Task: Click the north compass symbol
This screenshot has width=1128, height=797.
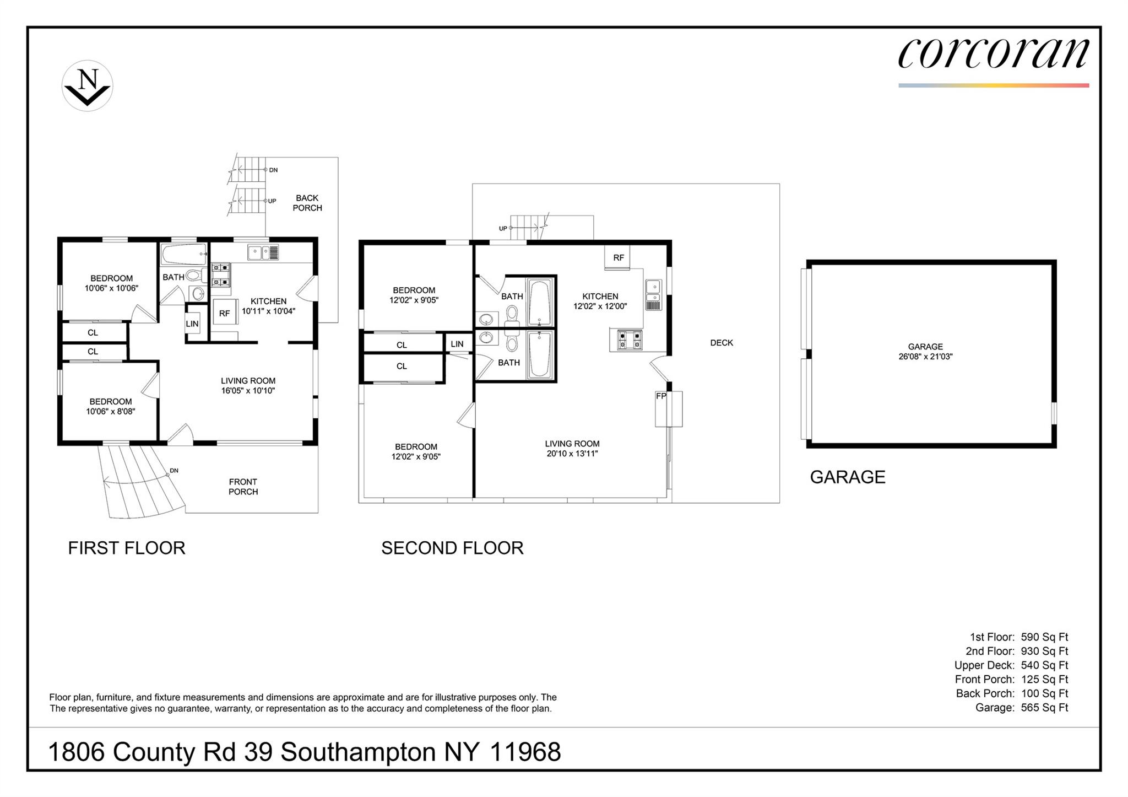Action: (87, 86)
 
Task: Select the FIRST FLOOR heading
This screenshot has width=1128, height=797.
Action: (127, 548)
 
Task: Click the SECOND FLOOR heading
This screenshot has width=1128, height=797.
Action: (452, 548)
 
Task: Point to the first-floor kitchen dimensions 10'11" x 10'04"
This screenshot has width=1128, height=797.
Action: (269, 311)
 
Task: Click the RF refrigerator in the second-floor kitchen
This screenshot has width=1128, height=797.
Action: (618, 258)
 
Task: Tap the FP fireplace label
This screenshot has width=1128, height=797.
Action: (661, 396)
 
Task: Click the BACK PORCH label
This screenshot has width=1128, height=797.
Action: (307, 203)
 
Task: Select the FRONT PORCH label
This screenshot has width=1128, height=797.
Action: (243, 487)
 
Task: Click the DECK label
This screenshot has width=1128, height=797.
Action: (722, 343)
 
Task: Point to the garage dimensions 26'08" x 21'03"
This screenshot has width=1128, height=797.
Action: (925, 357)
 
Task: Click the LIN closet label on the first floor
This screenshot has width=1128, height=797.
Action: (192, 324)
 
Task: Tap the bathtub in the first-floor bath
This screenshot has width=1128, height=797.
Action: (184, 254)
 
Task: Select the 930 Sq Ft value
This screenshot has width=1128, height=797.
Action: (1044, 651)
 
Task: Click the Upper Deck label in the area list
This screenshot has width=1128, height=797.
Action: (984, 665)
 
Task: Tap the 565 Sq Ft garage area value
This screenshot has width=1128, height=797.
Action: (1044, 708)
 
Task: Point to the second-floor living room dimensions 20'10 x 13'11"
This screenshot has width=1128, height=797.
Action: (572, 454)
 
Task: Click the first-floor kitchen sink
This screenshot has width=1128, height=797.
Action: (258, 253)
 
